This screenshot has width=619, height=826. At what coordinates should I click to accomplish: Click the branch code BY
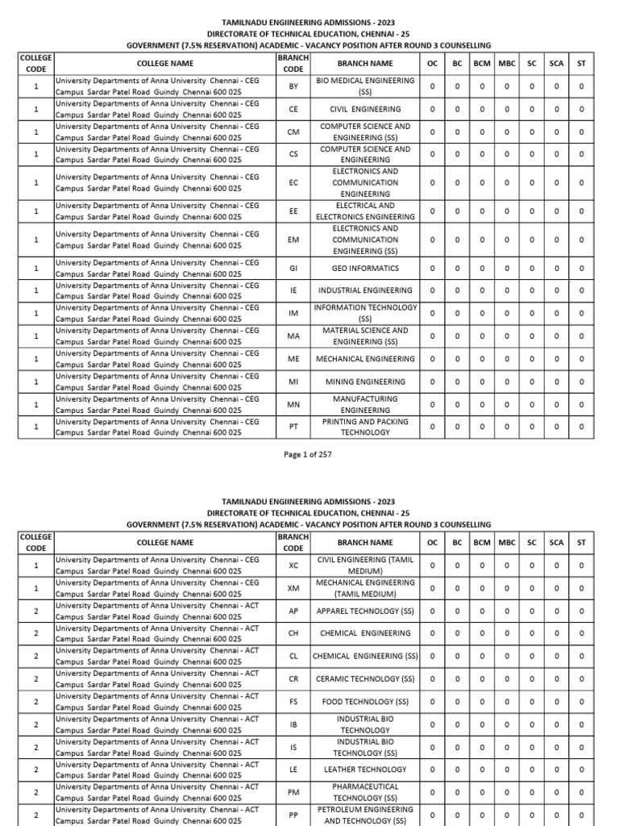tap(293, 86)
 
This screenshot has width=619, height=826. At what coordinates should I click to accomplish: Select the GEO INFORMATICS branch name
tap(365, 268)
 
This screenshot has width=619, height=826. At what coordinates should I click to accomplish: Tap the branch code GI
tap(293, 268)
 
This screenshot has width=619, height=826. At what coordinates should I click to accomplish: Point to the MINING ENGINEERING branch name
tap(365, 382)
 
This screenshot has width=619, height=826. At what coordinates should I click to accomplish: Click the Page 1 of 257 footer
tap(309, 455)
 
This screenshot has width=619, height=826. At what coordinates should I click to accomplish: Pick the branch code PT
tap(293, 427)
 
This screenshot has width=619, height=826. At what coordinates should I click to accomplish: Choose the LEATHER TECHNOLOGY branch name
tap(365, 770)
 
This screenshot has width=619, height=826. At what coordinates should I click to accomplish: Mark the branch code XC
tap(293, 565)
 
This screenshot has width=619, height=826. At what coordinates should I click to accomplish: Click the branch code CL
tap(293, 657)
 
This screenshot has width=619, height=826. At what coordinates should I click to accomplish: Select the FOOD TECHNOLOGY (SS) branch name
tap(365, 702)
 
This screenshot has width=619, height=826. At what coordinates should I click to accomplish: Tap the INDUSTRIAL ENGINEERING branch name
tap(365, 290)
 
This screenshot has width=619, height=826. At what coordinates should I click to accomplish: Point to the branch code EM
tap(293, 240)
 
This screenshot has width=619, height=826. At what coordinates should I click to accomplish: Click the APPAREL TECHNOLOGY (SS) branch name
tap(365, 611)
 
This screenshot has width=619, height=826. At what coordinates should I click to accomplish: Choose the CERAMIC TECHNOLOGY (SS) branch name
tap(365, 679)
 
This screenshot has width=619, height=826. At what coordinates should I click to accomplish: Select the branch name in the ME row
tap(365, 359)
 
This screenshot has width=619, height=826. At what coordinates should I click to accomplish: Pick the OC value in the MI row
tap(432, 382)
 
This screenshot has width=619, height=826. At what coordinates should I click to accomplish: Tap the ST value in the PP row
tap(581, 815)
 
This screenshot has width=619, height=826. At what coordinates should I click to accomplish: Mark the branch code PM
tap(293, 792)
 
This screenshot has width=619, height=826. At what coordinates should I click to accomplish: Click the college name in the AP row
tap(156, 611)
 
